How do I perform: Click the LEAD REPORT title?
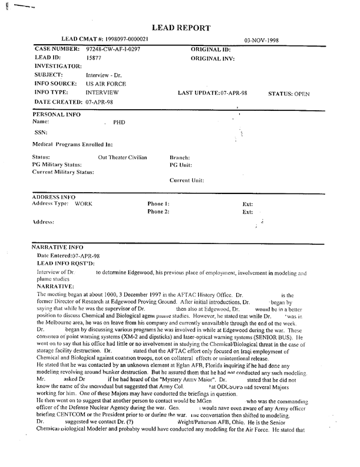[181, 27]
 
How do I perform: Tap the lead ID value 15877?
[94, 58]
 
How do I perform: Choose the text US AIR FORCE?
[103, 84]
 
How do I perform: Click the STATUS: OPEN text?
[289, 94]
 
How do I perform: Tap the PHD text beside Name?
[120, 123]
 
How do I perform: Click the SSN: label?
[40, 132]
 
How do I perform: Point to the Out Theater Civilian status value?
[122, 158]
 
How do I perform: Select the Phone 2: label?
[158, 211]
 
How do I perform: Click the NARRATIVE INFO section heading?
[58, 248]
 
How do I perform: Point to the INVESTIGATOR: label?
[58, 67]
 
